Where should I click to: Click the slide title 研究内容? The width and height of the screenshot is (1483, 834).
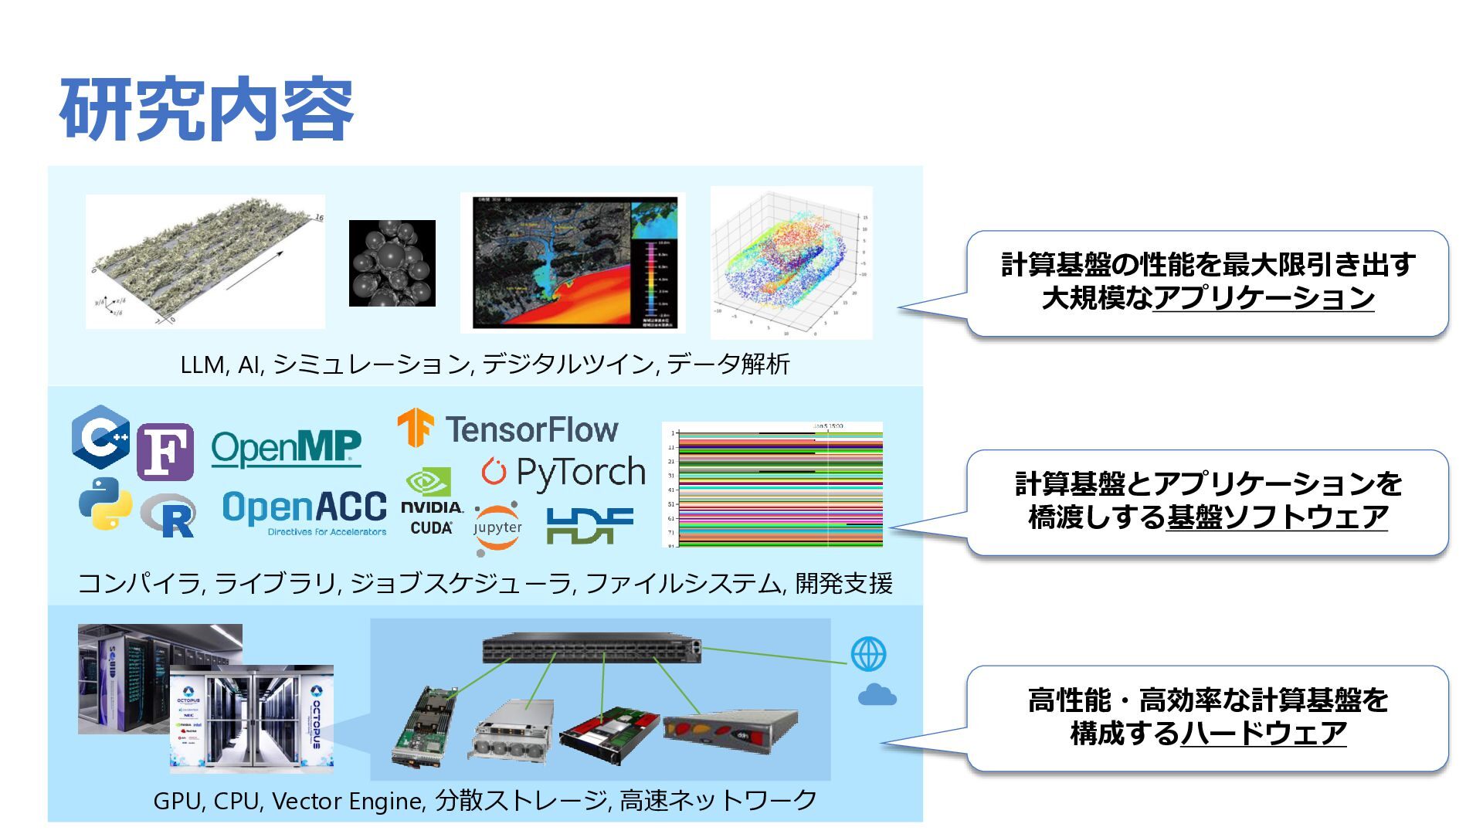point(206,110)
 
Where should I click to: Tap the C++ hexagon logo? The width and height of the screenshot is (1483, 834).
point(100,437)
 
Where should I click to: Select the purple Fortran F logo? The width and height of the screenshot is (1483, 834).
point(165,452)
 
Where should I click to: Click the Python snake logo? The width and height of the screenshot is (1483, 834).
point(105,503)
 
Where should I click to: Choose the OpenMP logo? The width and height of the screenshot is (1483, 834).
point(286,448)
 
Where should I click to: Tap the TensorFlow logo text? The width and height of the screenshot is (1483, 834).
point(531,429)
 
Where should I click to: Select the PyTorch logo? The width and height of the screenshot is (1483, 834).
point(563,473)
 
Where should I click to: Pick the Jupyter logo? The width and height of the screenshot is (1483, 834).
point(497,528)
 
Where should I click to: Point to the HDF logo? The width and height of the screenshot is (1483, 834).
point(589,525)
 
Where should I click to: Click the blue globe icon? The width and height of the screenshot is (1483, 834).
point(868,654)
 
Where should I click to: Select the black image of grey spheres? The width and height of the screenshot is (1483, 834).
point(392,263)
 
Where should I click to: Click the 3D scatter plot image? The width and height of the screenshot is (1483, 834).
point(791,263)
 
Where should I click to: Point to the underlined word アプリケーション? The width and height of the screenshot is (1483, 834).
point(1264,298)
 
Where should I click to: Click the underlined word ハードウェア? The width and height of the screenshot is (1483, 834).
point(1264,733)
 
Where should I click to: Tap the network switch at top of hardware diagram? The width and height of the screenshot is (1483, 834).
point(592,649)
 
